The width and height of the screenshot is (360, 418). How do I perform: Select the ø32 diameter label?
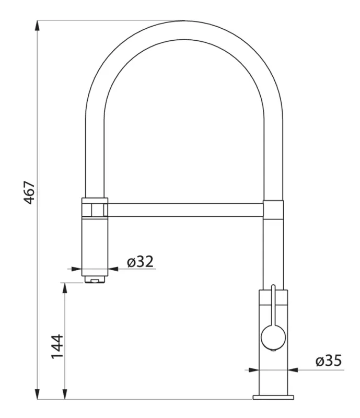coord(141,261)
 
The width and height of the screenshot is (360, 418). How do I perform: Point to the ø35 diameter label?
coord(328,361)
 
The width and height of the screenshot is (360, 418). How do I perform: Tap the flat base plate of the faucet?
coord(273,398)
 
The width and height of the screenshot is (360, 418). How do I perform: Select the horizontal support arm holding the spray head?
coord(185,210)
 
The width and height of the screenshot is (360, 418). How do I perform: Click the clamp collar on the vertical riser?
coord(273,209)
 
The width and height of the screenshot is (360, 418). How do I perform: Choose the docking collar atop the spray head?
coord(95,207)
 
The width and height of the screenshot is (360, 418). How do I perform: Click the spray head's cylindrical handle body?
coord(95,243)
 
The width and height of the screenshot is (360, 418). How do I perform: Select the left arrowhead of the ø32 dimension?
coord(79,269)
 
